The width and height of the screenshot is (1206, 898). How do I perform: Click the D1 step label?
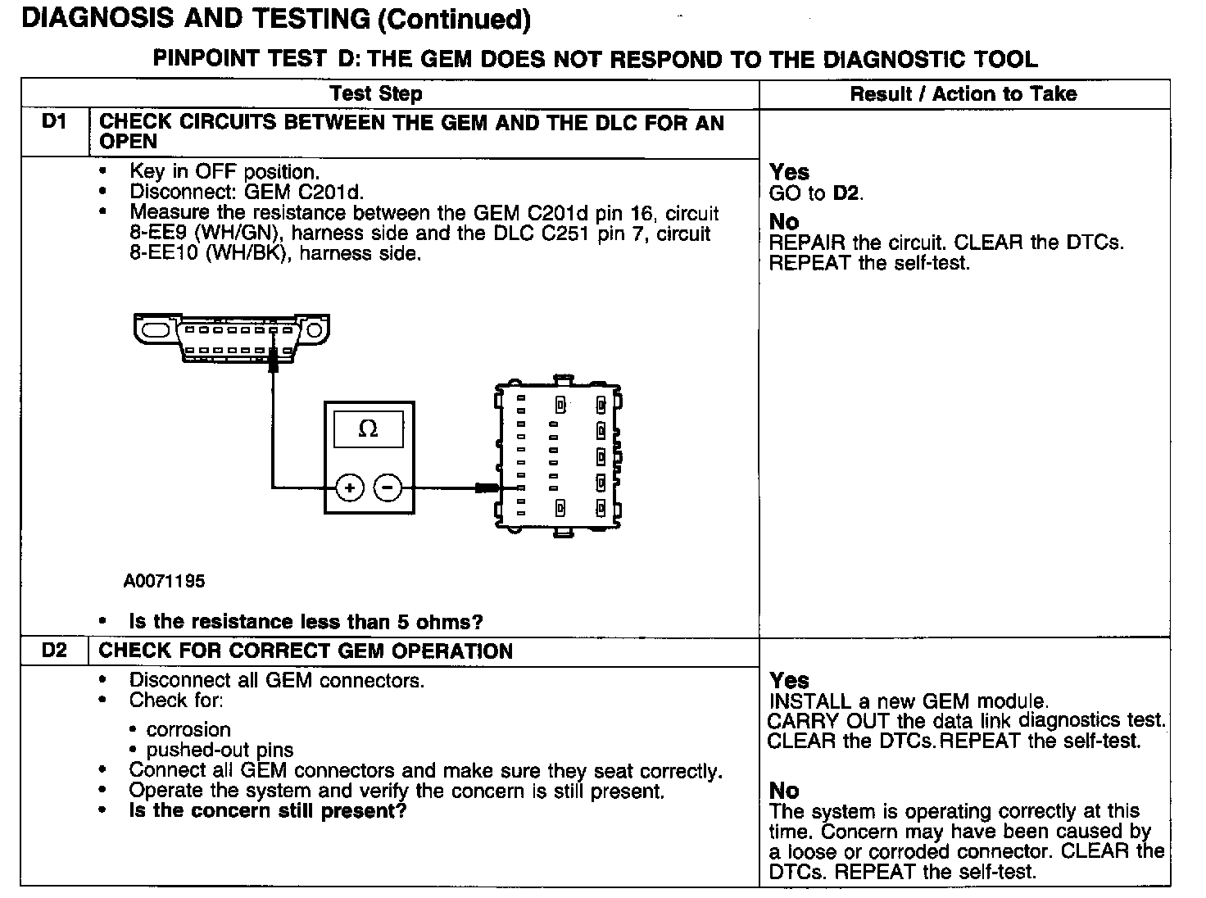tap(53, 123)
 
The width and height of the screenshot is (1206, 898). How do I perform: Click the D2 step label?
tap(53, 651)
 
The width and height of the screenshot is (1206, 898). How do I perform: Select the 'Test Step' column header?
tap(376, 93)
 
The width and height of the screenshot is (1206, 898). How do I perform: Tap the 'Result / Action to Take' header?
tap(963, 93)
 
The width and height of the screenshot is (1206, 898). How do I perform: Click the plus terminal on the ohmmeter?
tap(350, 488)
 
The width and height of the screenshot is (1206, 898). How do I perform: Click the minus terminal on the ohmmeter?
tap(388, 488)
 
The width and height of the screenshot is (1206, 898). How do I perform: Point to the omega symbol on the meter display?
tap(369, 429)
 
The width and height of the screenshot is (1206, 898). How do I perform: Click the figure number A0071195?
tap(164, 581)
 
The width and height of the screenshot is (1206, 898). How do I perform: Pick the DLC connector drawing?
tap(232, 336)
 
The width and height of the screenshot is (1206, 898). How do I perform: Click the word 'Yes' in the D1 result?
tap(789, 172)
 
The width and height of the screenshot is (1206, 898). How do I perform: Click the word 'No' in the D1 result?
tap(784, 222)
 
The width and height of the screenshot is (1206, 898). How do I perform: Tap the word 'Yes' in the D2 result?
tap(789, 681)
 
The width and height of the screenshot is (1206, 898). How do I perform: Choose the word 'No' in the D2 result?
tap(784, 791)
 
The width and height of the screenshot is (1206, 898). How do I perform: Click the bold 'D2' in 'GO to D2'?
tap(847, 193)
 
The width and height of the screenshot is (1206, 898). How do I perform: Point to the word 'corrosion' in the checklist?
tap(188, 729)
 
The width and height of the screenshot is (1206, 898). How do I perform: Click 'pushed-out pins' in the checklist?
tap(220, 750)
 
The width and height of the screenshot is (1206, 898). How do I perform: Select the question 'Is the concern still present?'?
tap(268, 811)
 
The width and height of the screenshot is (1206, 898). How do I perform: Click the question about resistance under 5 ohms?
tap(306, 622)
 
